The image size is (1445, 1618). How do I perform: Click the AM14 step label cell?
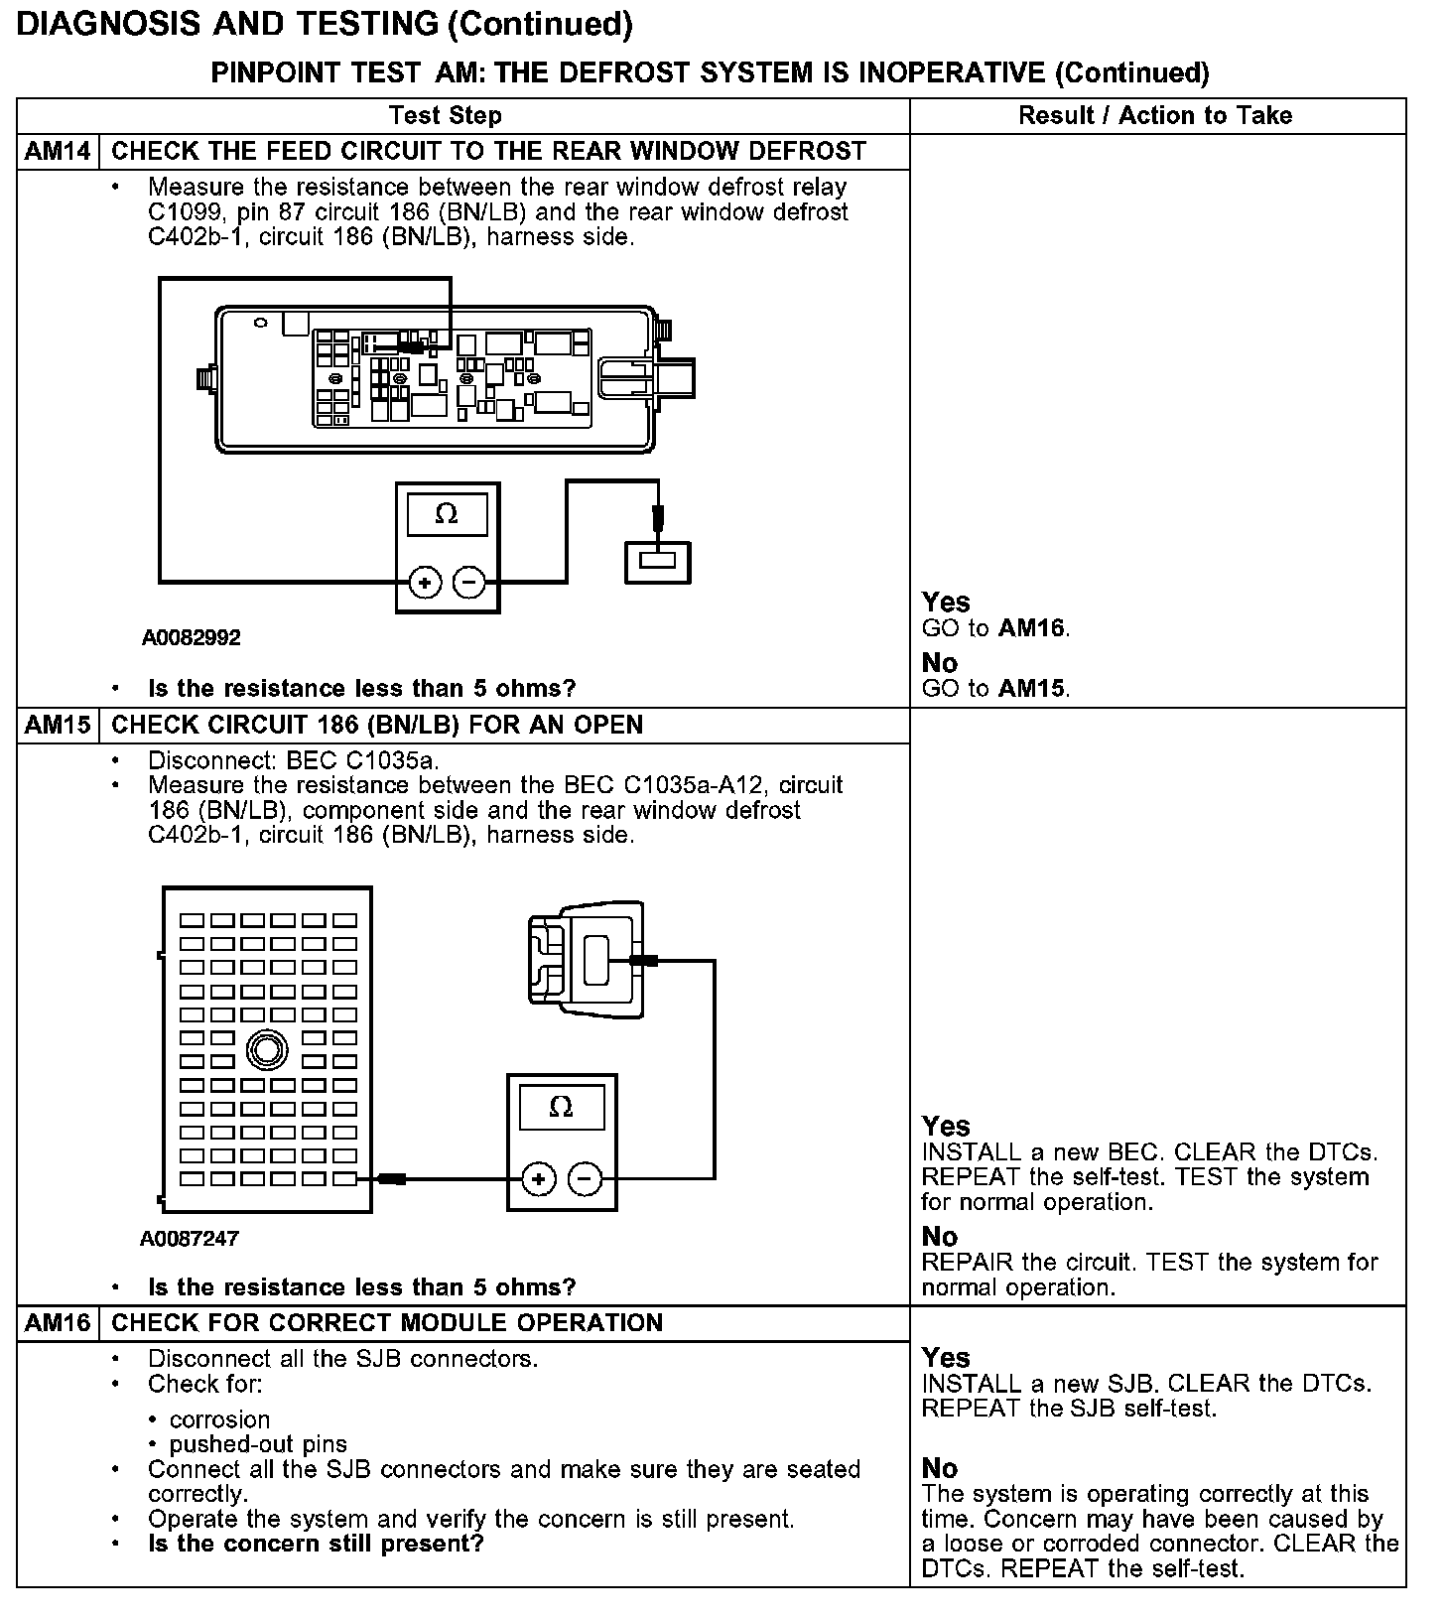tap(58, 152)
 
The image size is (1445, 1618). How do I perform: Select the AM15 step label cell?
tap(58, 726)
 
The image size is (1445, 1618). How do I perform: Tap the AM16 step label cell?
tap(58, 1323)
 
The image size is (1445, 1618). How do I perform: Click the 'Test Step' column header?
tap(445, 116)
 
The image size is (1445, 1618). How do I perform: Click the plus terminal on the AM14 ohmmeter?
tap(425, 583)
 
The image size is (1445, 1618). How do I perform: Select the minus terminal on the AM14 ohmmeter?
tap(469, 583)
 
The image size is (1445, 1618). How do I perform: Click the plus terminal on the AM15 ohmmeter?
tap(538, 1179)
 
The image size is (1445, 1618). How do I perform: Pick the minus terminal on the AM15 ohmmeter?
tap(584, 1179)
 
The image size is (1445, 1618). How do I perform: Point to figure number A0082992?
tap(191, 637)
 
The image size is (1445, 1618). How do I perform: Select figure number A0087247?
tap(190, 1239)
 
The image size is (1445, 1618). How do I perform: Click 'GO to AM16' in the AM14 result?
tap(995, 628)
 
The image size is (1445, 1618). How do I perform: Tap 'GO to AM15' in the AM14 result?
tap(995, 689)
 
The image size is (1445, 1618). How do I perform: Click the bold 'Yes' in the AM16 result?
tap(946, 1358)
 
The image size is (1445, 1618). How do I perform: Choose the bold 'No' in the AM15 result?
tap(940, 1237)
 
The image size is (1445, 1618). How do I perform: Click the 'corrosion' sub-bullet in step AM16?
tap(219, 1419)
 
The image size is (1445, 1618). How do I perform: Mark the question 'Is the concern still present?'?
tap(316, 1545)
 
